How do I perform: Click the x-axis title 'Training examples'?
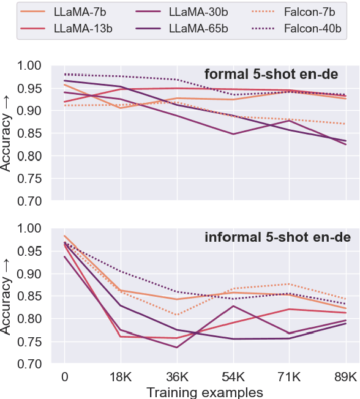(204, 391)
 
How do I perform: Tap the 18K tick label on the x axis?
(121, 376)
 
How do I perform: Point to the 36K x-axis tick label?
(177, 376)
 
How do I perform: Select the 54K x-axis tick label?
(233, 376)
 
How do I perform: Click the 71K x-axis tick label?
(290, 376)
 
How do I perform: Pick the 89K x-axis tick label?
(346, 376)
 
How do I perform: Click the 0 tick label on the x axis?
(64, 376)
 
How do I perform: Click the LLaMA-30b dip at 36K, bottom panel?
(177, 348)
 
